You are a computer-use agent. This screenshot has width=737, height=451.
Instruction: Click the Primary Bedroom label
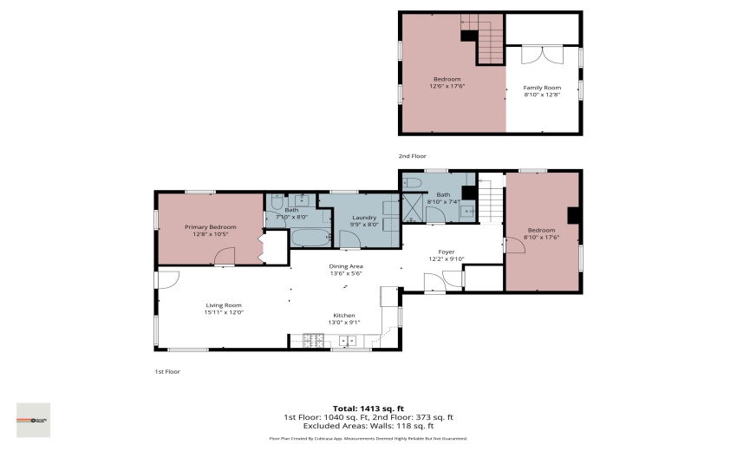[x=210, y=227]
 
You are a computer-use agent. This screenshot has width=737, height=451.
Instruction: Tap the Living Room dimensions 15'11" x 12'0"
[x=224, y=312]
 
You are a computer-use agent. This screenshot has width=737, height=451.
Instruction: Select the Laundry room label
[x=362, y=217]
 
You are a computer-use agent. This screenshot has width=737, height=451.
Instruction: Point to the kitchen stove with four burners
[x=313, y=340]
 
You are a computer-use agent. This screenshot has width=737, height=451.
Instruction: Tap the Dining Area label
[x=345, y=266]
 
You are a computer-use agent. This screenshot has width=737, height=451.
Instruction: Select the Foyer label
[x=447, y=252]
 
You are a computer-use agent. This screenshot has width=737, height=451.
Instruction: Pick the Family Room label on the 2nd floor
[x=542, y=88]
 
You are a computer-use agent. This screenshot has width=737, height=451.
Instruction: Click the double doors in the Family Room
[x=542, y=53]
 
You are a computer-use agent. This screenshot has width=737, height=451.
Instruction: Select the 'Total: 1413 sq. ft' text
[x=368, y=409]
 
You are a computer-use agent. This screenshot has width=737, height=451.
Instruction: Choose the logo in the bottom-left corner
[x=33, y=420]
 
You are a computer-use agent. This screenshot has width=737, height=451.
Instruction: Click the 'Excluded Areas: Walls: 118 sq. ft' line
[x=368, y=426]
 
